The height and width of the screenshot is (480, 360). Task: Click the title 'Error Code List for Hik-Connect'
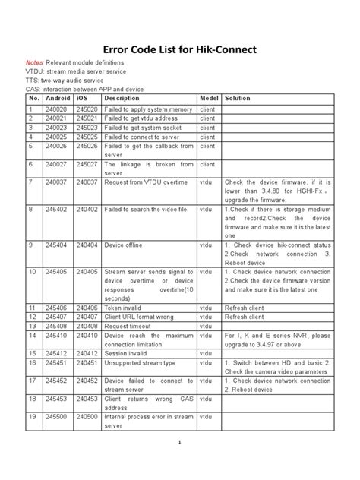point(179,51)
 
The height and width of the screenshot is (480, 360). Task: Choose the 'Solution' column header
point(238,99)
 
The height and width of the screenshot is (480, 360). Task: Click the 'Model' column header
point(209,99)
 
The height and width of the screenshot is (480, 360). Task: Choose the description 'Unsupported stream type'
point(140,362)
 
